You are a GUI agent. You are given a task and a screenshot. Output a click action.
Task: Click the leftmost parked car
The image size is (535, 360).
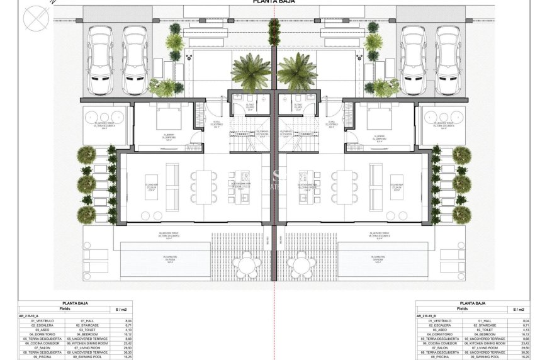coord(100,59)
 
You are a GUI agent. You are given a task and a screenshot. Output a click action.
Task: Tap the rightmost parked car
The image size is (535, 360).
coord(448,59)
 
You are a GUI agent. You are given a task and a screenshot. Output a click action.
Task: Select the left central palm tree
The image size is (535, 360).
coord(251,72)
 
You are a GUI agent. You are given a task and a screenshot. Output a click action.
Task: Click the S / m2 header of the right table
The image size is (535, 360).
coord(519,309)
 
